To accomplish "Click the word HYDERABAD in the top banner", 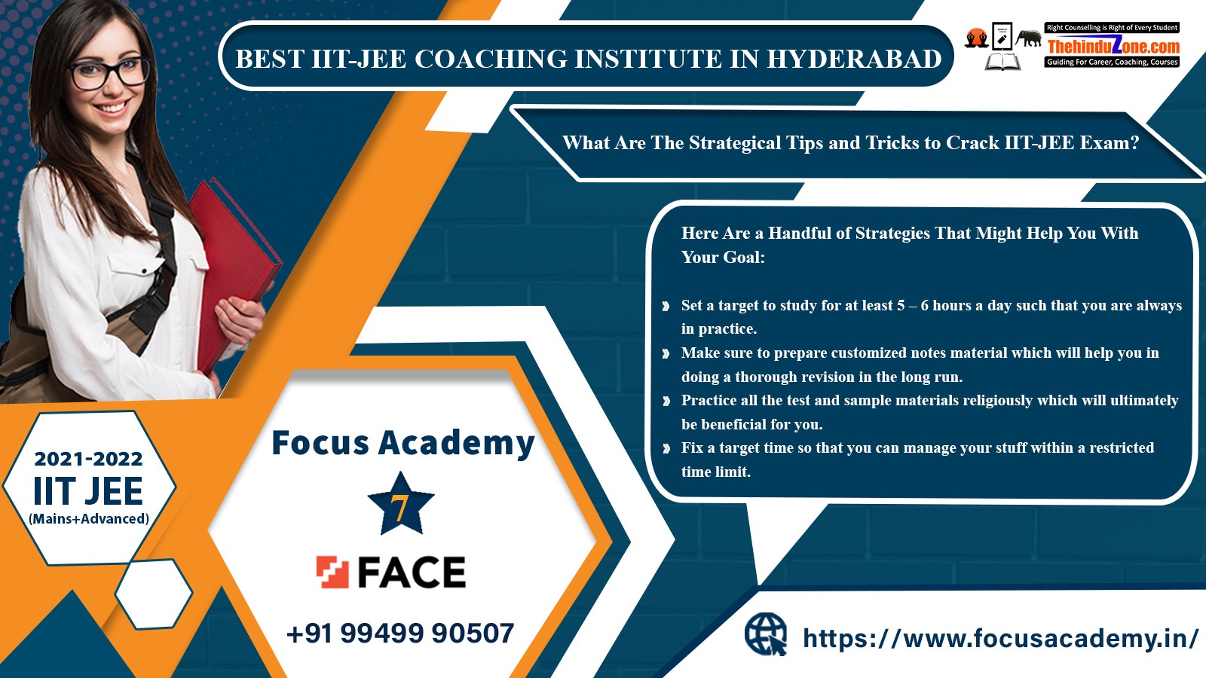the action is click(x=854, y=59).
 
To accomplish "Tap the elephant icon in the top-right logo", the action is click(x=1028, y=38).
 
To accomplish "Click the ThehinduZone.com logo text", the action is click(x=1113, y=46).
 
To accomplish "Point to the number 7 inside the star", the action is click(x=399, y=508).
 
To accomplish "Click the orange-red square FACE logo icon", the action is click(x=332, y=572).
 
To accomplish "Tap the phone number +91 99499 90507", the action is click(x=400, y=633).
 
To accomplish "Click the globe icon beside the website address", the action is click(x=766, y=634).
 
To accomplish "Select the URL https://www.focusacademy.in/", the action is click(x=1000, y=639).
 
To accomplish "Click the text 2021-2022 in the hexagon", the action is click(x=88, y=459).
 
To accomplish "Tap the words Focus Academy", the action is click(x=403, y=444).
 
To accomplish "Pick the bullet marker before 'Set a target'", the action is click(x=666, y=306).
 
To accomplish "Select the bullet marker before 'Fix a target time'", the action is click(x=666, y=448).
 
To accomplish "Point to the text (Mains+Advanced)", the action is click(x=89, y=519).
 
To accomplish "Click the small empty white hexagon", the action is click(x=154, y=594).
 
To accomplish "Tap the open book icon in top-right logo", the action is click(x=1002, y=62).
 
